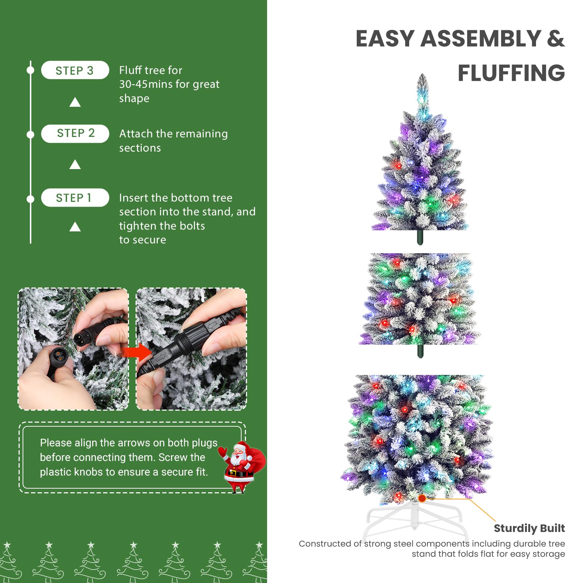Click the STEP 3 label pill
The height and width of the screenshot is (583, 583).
tap(75, 70)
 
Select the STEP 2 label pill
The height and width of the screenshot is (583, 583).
tap(75, 133)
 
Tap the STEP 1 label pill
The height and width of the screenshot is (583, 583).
tap(75, 198)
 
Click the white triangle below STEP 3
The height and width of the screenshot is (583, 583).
tap(75, 102)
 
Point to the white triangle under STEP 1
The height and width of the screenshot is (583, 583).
tap(75, 227)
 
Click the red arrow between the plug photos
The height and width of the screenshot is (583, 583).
tap(136, 352)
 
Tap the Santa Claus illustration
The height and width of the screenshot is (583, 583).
tap(240, 466)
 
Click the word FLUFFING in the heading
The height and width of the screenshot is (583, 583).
tap(511, 73)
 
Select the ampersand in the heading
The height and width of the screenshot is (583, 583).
tap(555, 38)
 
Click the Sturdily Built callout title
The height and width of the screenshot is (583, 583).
tap(529, 528)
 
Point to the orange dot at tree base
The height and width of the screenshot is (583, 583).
tap(422, 498)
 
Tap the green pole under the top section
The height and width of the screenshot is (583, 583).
tap(420, 237)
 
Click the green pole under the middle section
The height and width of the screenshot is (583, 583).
tap(420, 351)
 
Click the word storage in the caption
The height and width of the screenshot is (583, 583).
tap(548, 554)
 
